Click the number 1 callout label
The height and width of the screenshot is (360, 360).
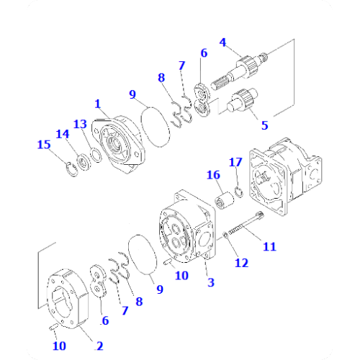pyautogui.click(x=97, y=105)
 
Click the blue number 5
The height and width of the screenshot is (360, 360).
pyautogui.click(x=264, y=125)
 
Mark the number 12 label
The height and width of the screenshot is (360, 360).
pyautogui.click(x=242, y=263)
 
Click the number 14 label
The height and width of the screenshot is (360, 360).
pyautogui.click(x=64, y=133)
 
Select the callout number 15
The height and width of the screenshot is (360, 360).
pyautogui.click(x=44, y=145)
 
